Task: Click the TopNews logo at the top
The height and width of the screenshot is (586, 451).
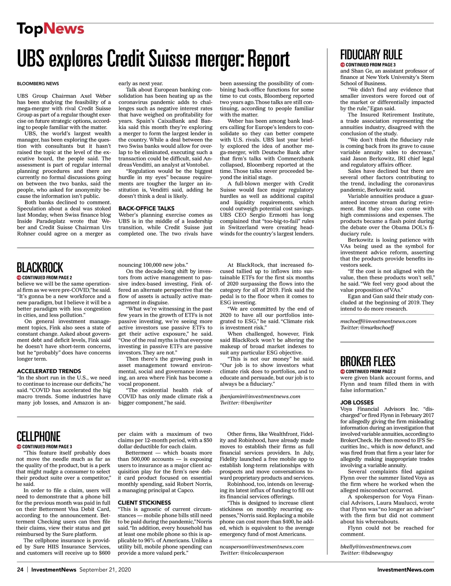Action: tap(50, 29)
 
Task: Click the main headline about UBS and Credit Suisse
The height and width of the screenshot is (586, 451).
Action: tap(153, 59)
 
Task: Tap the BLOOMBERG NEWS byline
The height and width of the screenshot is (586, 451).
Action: tap(38, 83)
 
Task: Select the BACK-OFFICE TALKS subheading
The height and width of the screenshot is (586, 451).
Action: tap(146, 208)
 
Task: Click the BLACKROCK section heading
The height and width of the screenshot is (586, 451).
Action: tap(40, 268)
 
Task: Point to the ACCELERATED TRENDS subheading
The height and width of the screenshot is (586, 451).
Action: tap(49, 371)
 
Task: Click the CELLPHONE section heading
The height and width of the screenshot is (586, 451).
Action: tap(38, 437)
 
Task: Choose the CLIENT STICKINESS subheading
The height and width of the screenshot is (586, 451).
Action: tap(144, 503)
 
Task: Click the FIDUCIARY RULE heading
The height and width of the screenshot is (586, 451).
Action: tap(371, 55)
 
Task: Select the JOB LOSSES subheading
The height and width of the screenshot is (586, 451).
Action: tap(357, 402)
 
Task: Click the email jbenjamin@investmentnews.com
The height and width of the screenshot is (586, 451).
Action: tap(260, 396)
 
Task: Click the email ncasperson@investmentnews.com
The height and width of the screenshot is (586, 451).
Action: tap(262, 547)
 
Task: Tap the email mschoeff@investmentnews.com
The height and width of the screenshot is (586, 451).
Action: tap(378, 321)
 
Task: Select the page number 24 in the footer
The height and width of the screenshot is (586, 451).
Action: tap(20, 569)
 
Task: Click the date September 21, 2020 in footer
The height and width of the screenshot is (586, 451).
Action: tap(105, 569)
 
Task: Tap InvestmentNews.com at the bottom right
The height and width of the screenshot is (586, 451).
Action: tap(406, 569)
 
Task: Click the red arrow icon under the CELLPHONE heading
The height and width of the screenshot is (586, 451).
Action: tap(19, 447)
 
